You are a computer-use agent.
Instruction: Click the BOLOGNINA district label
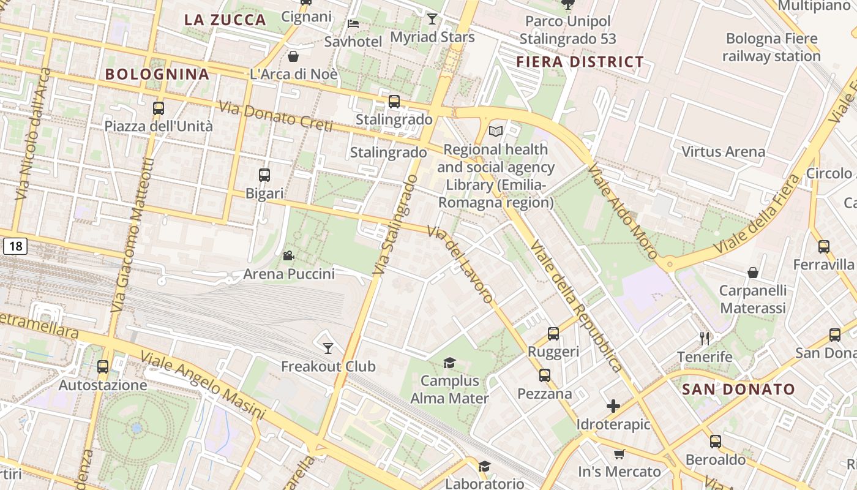coord(157,75)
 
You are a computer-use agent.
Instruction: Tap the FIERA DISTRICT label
coord(580,62)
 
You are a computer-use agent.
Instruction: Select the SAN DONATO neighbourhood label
coord(738,390)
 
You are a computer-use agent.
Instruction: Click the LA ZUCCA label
coord(225,20)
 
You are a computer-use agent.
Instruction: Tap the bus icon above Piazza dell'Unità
coord(159,108)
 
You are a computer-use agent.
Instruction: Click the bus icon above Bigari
coord(264,175)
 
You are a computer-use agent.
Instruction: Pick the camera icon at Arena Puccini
coord(288,255)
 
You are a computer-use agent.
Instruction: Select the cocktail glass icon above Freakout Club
coord(328,349)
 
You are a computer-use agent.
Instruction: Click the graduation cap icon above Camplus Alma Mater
coord(449,363)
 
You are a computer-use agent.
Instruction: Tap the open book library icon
coord(496,131)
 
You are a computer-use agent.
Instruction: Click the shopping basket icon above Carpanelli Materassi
coord(753,273)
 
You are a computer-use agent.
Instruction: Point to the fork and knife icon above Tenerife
coord(705,338)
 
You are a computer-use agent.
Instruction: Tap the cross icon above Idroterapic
coord(613,406)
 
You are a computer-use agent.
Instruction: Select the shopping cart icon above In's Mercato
coord(619,454)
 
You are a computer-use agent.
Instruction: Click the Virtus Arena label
coord(723,151)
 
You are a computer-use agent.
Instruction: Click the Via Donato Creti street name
coord(275,116)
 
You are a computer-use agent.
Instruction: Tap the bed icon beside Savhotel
coord(353,24)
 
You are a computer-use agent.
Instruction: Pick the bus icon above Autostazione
coord(103,367)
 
